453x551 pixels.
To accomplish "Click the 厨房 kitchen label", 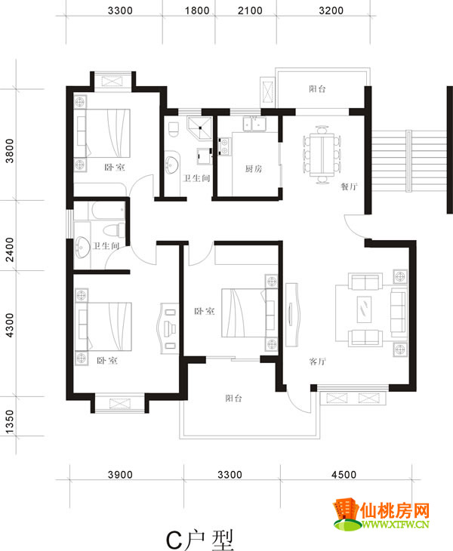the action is click(x=254, y=169).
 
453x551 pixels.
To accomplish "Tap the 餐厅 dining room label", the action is click(x=349, y=186).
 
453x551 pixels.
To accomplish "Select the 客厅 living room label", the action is click(x=318, y=362).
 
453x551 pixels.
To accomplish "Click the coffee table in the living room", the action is click(x=364, y=309).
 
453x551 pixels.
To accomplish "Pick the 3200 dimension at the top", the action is click(x=331, y=11).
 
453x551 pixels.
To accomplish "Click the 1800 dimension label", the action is click(x=197, y=11).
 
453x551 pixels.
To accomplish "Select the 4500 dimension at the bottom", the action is click(x=344, y=475).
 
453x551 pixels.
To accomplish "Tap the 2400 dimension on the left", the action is click(x=10, y=250).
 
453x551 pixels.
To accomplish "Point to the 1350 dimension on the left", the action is click(x=10, y=421).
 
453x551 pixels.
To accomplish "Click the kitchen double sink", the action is click(x=254, y=124).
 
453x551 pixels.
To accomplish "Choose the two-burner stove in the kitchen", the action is click(x=224, y=146).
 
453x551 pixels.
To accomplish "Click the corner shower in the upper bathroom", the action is click(x=200, y=128).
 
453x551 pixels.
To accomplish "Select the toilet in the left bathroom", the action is click(x=114, y=230).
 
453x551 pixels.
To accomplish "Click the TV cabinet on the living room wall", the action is click(x=292, y=315).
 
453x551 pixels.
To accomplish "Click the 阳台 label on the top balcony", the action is click(x=317, y=89).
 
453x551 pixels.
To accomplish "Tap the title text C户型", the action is click(x=199, y=540).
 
